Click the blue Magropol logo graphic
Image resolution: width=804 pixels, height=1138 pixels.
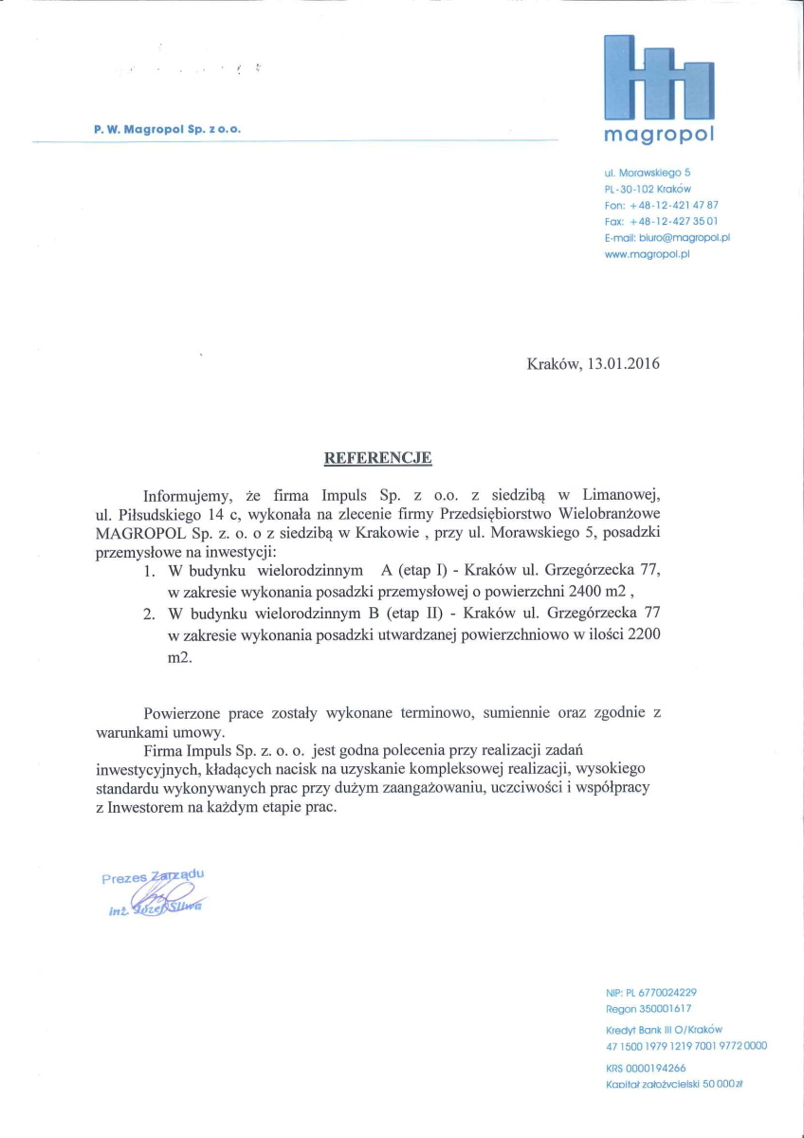[659, 77]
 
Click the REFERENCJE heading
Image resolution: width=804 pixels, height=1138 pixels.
[378, 458]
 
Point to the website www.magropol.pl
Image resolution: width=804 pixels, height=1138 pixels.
[647, 254]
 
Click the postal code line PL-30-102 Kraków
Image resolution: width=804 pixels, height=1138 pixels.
[648, 189]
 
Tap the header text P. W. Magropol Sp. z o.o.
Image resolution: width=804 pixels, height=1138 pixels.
[174, 128]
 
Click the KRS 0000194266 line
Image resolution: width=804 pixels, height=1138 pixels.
[646, 1067]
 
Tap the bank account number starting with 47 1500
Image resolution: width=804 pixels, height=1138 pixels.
[686, 1045]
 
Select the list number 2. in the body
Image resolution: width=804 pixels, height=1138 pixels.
[150, 614]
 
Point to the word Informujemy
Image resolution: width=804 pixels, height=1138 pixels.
[190, 495]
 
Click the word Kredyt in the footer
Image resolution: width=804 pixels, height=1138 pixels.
[622, 1029]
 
